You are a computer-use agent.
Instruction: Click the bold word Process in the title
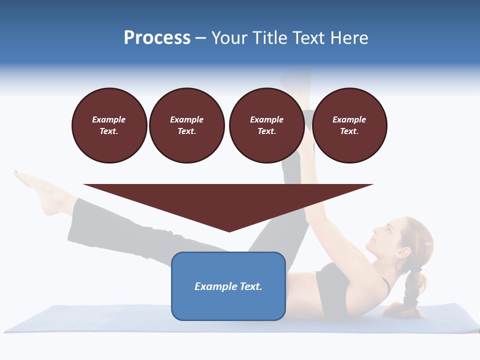point(157,38)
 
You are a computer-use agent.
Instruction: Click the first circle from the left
point(109,125)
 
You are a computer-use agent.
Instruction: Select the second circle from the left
point(187,125)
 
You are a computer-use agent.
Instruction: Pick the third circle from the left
point(267,125)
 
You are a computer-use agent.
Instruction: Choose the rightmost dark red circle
point(349,125)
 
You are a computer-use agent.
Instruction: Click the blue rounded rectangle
point(228,286)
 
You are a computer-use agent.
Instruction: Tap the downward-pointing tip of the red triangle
point(229,231)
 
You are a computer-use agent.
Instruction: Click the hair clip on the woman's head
point(428,243)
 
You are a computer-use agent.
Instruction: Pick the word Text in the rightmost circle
point(349,131)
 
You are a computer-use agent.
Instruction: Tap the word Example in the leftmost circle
point(109,120)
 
